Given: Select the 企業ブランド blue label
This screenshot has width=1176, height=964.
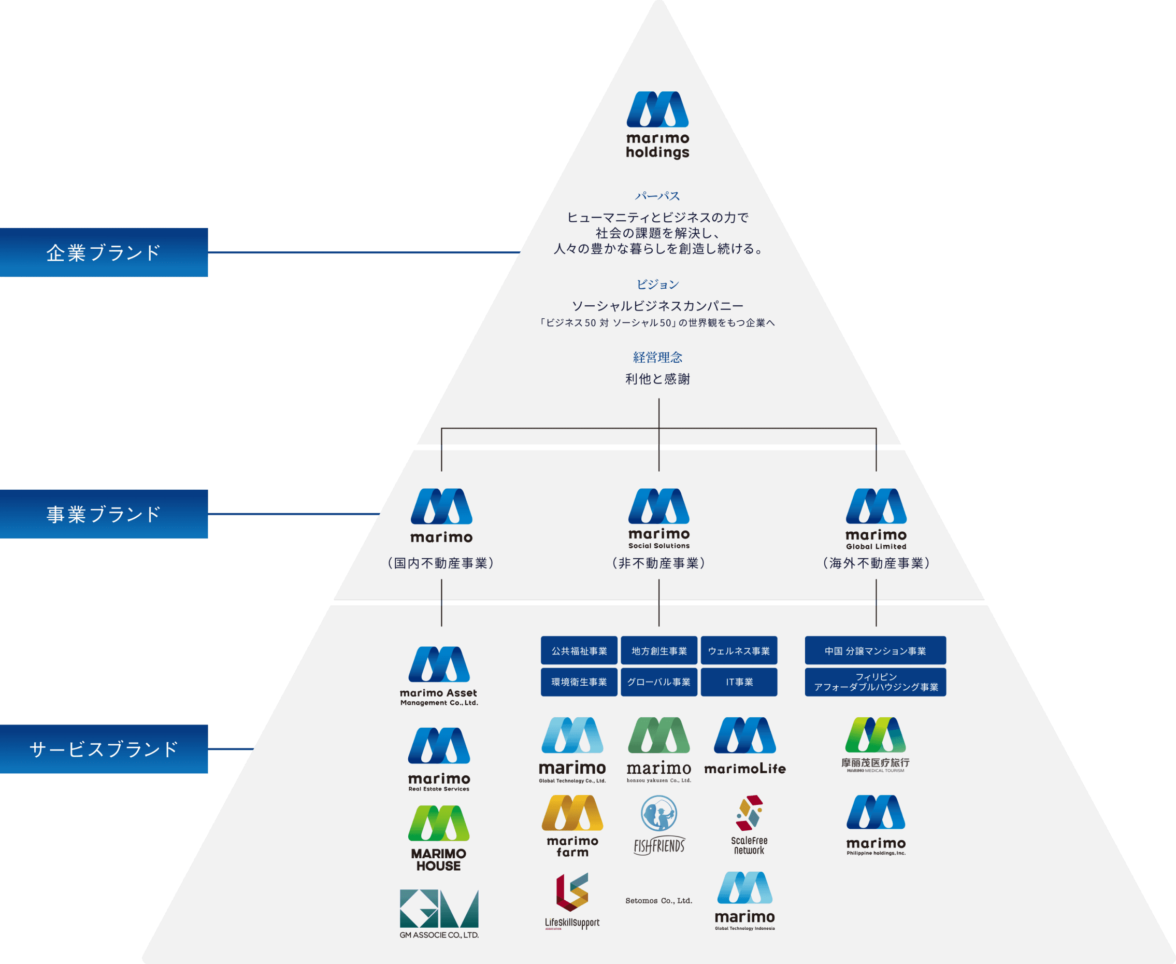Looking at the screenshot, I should coord(104,253).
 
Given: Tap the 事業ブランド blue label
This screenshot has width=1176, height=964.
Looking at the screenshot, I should coord(104,514).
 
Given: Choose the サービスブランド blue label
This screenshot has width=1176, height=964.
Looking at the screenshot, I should coord(104,749).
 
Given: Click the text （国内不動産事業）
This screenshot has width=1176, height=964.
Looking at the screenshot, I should coord(441,563).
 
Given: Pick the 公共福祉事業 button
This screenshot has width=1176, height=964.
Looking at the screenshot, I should coord(579,651).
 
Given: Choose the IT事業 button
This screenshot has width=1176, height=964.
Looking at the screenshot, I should coord(739,682).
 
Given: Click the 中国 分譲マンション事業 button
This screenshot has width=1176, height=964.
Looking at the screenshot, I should coord(875,651).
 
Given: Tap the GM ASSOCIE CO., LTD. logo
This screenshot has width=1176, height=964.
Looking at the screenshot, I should coord(439,913).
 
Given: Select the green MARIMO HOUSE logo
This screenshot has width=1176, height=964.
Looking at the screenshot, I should coord(438,838).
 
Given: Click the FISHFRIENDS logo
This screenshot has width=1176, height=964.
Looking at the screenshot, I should coord(659,825).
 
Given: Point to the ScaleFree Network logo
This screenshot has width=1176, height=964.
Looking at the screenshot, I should coord(749,825).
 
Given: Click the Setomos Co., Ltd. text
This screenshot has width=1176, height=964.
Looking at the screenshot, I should coord(659,901).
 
